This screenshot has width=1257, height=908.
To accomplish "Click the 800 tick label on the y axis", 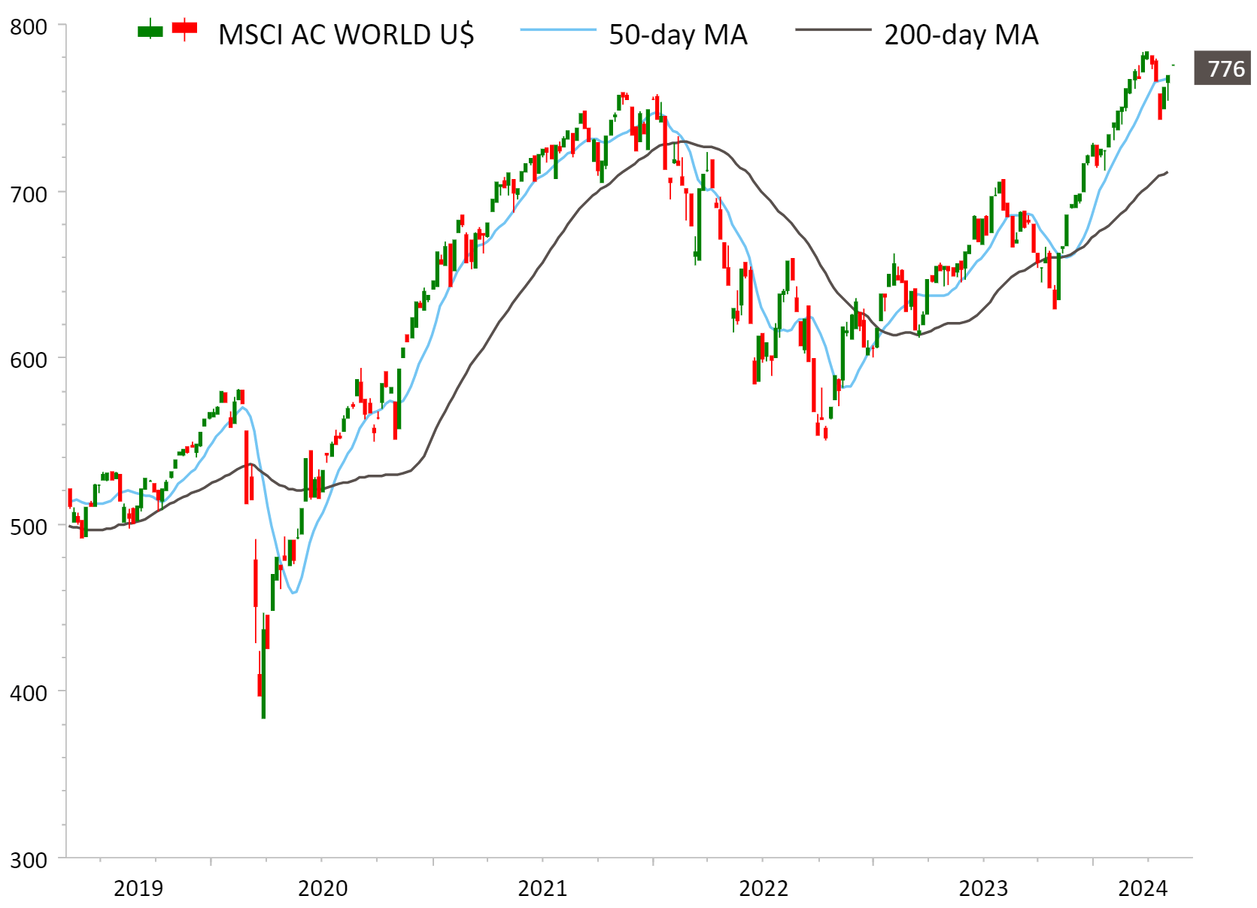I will pyautogui.click(x=29, y=27).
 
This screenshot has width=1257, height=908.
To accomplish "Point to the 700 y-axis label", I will pyautogui.click(x=29, y=194).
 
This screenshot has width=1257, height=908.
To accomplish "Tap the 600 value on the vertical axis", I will pyautogui.click(x=29, y=360).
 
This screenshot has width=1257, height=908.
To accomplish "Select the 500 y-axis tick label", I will pyautogui.click(x=29, y=527).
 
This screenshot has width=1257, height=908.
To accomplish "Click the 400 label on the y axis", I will pyautogui.click(x=29, y=693).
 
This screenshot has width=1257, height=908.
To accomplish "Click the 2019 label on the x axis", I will pyautogui.click(x=138, y=888).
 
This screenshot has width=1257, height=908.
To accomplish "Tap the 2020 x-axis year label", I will pyautogui.click(x=323, y=888).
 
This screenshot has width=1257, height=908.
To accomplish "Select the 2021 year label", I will pyautogui.click(x=542, y=888).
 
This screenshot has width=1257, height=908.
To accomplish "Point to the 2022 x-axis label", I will pyautogui.click(x=763, y=888).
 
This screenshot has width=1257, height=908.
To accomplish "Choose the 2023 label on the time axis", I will pyautogui.click(x=982, y=888).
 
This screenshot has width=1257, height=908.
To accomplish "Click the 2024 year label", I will pyautogui.click(x=1143, y=888).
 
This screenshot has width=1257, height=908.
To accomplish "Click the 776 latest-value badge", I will pyautogui.click(x=1225, y=69).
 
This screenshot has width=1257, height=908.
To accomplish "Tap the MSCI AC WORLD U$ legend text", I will pyautogui.click(x=346, y=35).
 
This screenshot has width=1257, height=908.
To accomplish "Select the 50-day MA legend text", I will pyautogui.click(x=678, y=35).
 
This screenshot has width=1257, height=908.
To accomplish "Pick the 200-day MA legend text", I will pyautogui.click(x=961, y=35).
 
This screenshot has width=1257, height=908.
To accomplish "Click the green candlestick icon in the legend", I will pyautogui.click(x=150, y=30).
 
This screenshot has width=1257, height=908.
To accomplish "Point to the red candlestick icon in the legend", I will pyautogui.click(x=184, y=29).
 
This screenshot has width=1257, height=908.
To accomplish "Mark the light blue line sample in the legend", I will pyautogui.click(x=557, y=30).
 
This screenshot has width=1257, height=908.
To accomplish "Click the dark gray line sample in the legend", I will pyautogui.click(x=833, y=30).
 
